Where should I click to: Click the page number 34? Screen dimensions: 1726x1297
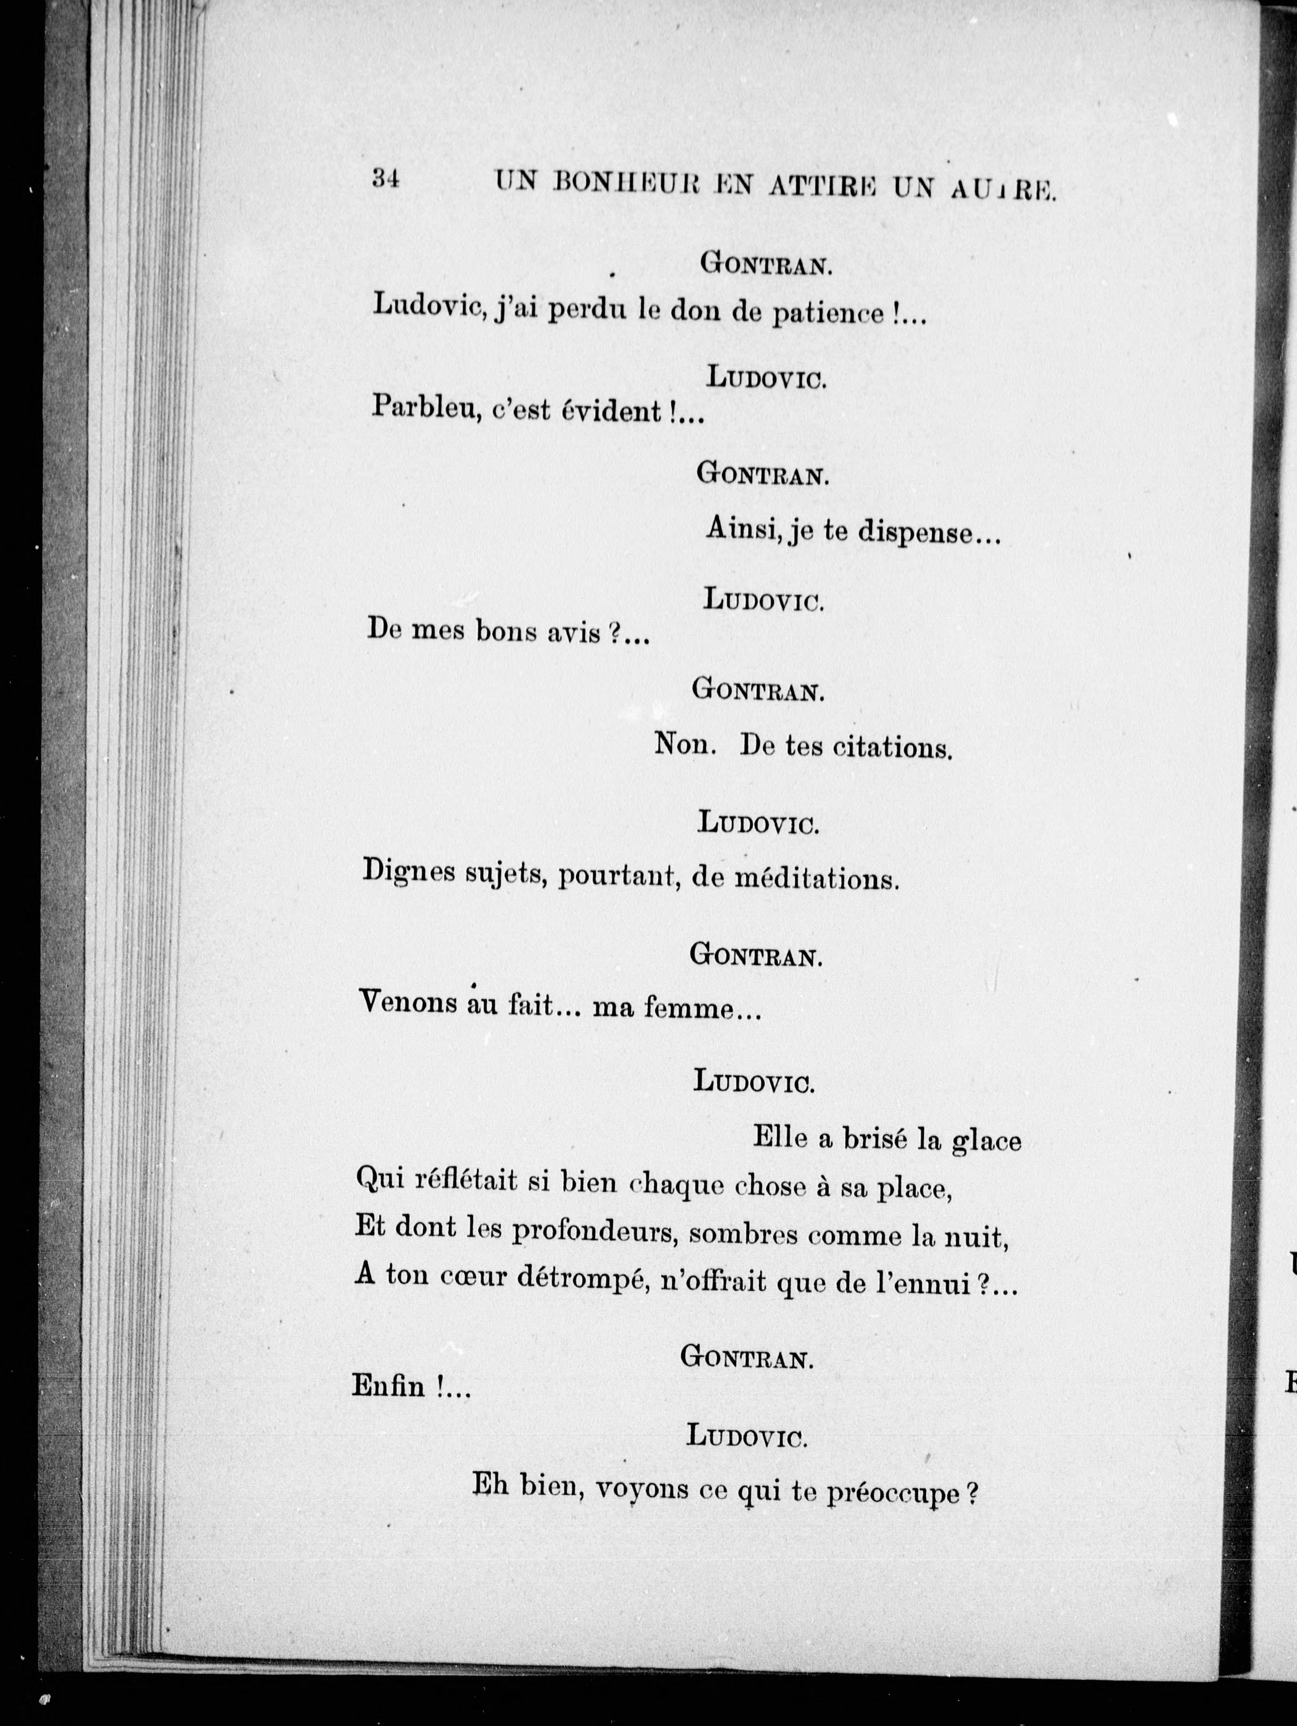click(x=386, y=180)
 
